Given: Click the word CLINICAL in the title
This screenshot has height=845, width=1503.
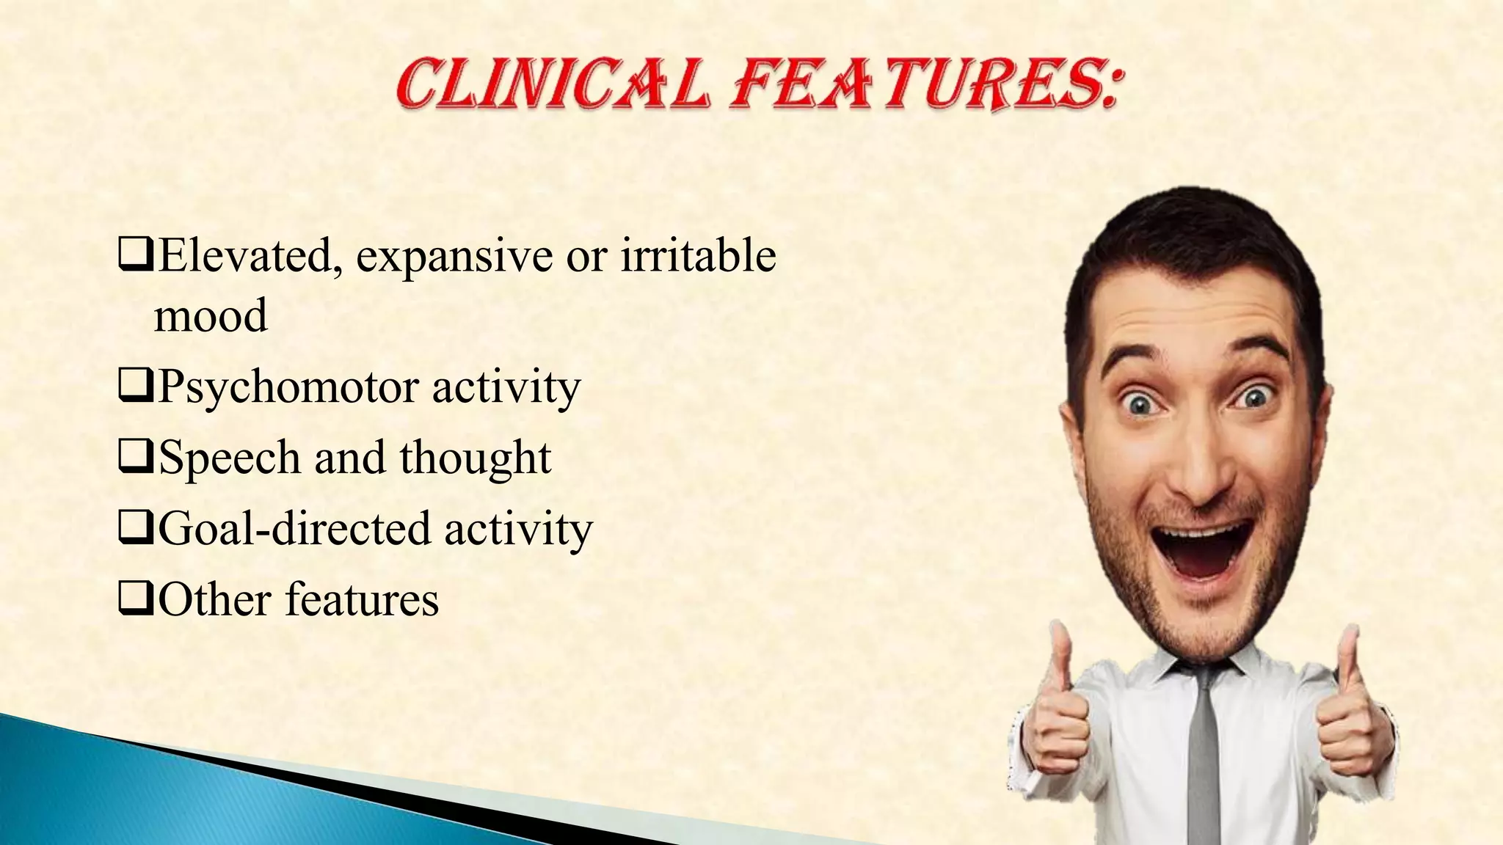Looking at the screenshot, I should pyautogui.click(x=552, y=86).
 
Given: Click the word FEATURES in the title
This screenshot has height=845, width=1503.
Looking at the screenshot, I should pyautogui.click(x=926, y=86).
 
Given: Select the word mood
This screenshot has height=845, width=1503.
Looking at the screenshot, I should pyautogui.click(x=211, y=316).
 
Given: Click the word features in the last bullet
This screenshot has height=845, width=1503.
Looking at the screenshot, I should pyautogui.click(x=361, y=599).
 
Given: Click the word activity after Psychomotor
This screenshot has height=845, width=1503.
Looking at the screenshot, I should pyautogui.click(x=506, y=388).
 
